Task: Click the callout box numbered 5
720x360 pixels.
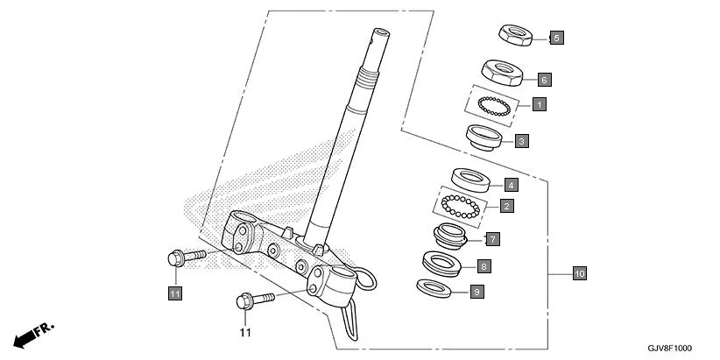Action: point(556,38)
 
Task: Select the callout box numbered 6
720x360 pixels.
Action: point(544,80)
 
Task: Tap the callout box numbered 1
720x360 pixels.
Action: point(540,104)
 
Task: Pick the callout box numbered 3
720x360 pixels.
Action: point(521,140)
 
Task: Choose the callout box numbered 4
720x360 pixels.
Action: point(511,185)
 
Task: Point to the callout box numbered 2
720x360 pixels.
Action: point(506,207)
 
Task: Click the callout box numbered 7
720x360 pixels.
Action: point(493,238)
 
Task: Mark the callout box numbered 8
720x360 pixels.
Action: point(484,265)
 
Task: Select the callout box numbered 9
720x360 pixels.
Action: point(476,292)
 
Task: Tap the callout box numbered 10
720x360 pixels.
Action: point(578,274)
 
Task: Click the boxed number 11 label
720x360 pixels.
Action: point(174,293)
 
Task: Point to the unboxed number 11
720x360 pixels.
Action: point(245,333)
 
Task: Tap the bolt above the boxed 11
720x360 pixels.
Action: point(183,258)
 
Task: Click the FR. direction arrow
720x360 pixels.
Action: point(33,335)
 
